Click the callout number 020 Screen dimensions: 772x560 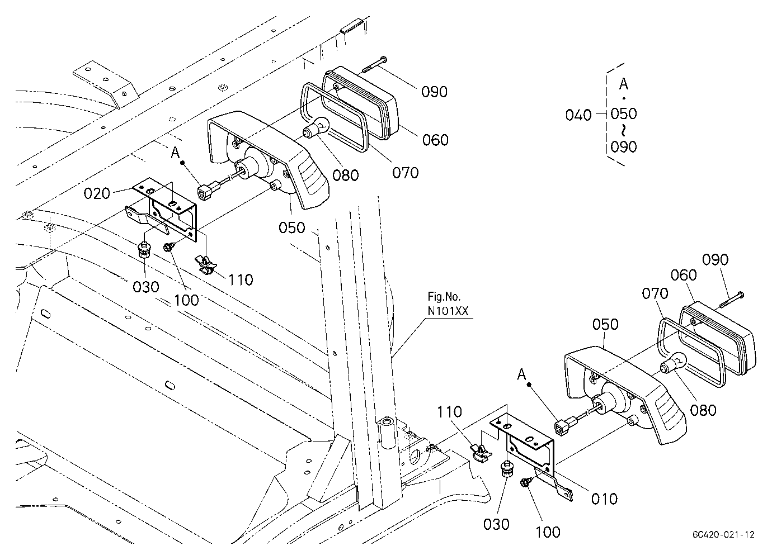tap(97, 193)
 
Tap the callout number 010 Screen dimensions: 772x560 tap(605, 499)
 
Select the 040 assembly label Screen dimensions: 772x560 tap(578, 115)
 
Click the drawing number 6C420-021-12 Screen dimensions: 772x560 tap(723, 534)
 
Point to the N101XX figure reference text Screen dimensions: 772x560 tap(448, 311)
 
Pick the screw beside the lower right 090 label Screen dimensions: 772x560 tap(731, 300)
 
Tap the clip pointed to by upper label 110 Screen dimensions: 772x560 tap(206, 264)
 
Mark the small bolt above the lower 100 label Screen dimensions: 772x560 tap(526, 482)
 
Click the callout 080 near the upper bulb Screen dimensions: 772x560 tap(345, 175)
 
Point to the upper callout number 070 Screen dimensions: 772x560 tap(405, 173)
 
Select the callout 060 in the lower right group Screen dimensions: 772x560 tap(684, 275)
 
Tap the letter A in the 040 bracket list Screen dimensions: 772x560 tap(623, 84)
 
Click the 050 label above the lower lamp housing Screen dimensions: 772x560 tap(605, 324)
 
